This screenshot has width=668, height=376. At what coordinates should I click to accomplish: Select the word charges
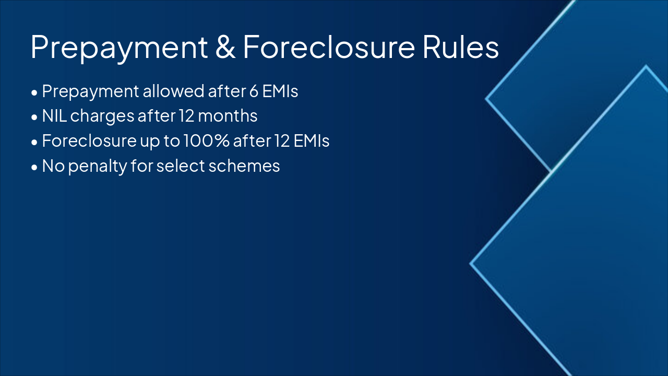(102, 116)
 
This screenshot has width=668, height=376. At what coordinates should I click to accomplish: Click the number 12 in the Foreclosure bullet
(281, 141)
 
